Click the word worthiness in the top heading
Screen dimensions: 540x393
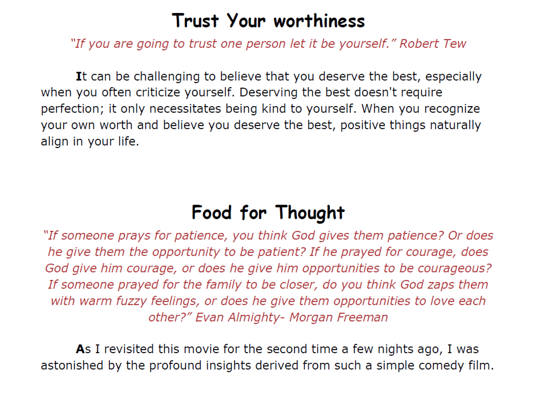(x=319, y=21)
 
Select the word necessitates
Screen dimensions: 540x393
(x=185, y=109)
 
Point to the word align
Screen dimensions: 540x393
(x=55, y=142)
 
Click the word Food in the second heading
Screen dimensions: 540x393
(x=211, y=213)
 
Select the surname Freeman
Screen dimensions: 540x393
(x=362, y=317)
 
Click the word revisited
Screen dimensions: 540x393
(x=129, y=349)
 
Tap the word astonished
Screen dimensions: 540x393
(x=72, y=366)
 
